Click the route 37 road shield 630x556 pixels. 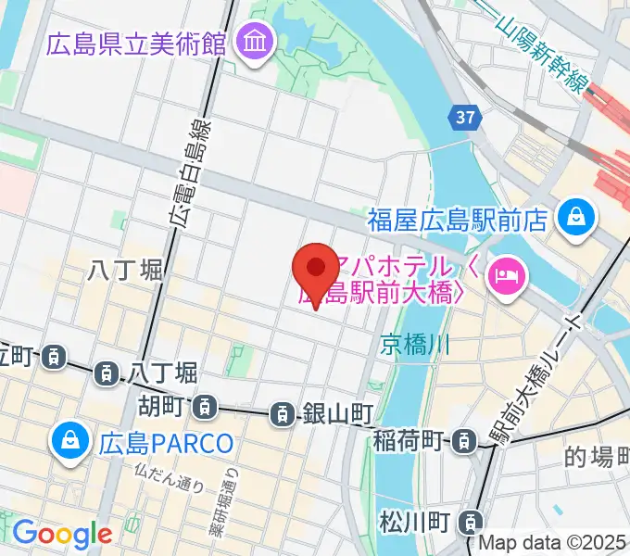tap(465, 117)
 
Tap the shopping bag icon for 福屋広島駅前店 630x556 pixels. tap(576, 218)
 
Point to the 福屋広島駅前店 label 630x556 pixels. tap(459, 220)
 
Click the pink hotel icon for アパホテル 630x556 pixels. tap(508, 273)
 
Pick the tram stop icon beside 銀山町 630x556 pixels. tap(282, 415)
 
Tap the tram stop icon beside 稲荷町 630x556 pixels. tap(460, 442)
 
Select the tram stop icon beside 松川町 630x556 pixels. tap(473, 522)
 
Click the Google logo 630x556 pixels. tap(62, 534)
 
